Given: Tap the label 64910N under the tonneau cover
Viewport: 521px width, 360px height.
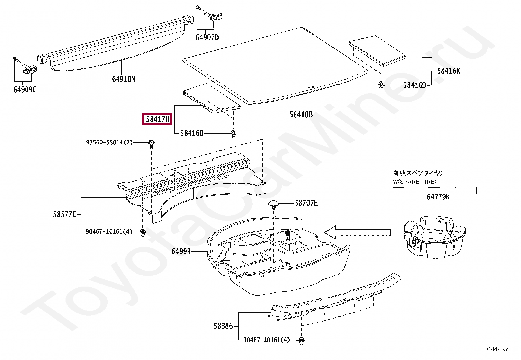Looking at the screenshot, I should (x=123, y=79).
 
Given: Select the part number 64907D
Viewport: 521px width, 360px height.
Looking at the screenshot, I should (x=207, y=37).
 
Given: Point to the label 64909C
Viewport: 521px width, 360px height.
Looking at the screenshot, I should (x=25, y=89).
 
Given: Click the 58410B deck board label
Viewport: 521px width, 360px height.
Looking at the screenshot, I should (x=301, y=114).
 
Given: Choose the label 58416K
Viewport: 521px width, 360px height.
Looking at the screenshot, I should (x=448, y=71).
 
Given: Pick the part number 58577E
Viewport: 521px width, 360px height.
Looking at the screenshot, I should (x=64, y=214).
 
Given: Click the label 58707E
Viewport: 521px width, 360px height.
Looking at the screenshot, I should (x=306, y=203).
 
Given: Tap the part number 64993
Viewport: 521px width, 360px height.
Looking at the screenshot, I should (x=181, y=251).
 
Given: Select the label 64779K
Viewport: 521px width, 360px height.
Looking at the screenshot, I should (x=438, y=197).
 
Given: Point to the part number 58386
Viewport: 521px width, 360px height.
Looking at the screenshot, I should (x=223, y=326).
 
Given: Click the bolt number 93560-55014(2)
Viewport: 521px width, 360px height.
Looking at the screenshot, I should (x=109, y=142).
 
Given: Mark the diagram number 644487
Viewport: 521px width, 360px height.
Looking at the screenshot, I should (x=497, y=349).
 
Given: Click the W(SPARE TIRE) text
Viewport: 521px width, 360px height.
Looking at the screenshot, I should (x=414, y=181).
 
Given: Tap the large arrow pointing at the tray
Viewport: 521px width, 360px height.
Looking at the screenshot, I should (x=357, y=232).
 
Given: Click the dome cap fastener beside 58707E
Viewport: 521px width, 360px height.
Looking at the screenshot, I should (x=273, y=204).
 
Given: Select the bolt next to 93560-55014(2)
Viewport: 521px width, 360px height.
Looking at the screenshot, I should (x=151, y=144).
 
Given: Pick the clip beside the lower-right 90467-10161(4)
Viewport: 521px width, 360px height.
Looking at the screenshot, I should (x=301, y=340).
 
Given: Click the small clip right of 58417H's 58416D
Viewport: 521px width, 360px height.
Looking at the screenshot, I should (x=233, y=133).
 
